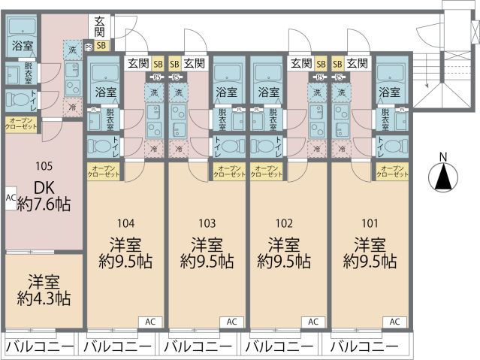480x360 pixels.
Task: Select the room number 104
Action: click(x=125, y=222)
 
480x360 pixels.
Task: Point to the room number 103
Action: click(x=207, y=222)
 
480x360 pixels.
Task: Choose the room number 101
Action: click(x=370, y=222)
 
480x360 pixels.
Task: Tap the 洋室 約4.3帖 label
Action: click(x=43, y=288)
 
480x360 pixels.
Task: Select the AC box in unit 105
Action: click(x=11, y=198)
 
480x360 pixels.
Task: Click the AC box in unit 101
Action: click(x=394, y=321)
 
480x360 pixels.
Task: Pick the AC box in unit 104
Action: click(x=149, y=321)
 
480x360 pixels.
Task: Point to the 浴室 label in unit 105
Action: click(x=22, y=46)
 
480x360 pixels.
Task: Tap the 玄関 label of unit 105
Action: click(x=101, y=28)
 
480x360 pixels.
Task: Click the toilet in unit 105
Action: click(x=20, y=99)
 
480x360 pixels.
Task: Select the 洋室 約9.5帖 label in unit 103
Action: click(x=207, y=253)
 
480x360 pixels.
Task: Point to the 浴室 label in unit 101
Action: click(x=389, y=92)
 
